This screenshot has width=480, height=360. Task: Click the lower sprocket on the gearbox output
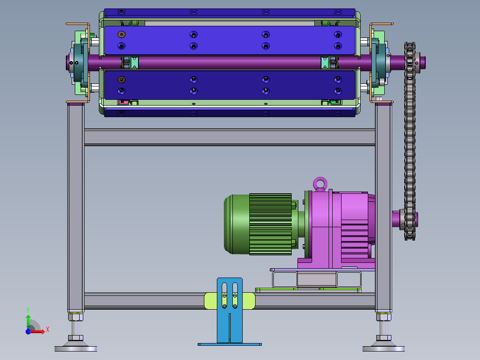click(x=409, y=220)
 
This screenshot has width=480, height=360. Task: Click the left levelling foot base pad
click(x=76, y=348)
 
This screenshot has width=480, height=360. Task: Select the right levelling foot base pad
click(x=383, y=348)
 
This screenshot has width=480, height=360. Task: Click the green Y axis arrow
click(x=28, y=322)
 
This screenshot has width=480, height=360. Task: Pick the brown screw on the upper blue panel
click(x=122, y=35)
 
